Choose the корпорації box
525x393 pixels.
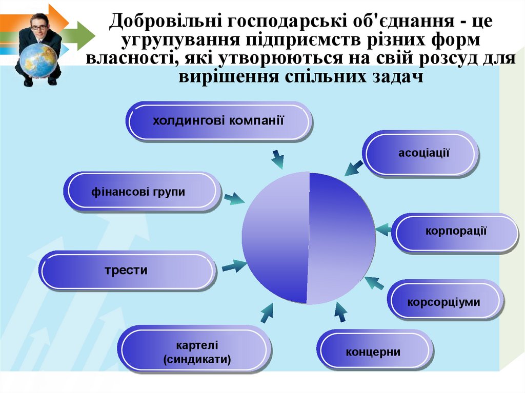[x=455, y=233]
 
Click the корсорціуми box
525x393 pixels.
[x=443, y=302]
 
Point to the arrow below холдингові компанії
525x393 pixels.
[x=277, y=160]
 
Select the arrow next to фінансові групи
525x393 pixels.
[x=234, y=199]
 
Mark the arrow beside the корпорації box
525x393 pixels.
[x=382, y=229]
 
